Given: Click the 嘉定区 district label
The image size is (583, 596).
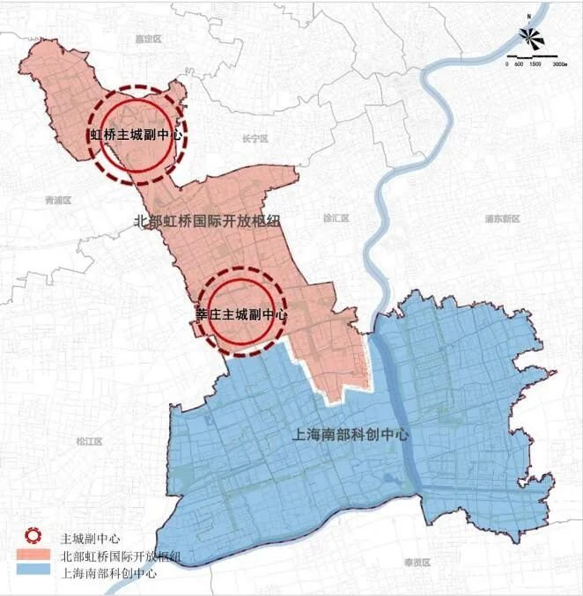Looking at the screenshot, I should tap(139, 40).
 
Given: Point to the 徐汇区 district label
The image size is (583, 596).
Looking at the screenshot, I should tap(336, 217).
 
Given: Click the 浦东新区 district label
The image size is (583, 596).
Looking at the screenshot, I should tap(504, 218).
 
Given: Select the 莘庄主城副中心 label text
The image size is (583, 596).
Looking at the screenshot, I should tap(240, 313).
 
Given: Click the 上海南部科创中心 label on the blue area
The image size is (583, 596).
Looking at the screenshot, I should tap(348, 435).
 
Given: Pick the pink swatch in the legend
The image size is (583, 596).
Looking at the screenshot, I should tap(33, 556).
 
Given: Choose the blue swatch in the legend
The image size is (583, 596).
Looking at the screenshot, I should tap(33, 572).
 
